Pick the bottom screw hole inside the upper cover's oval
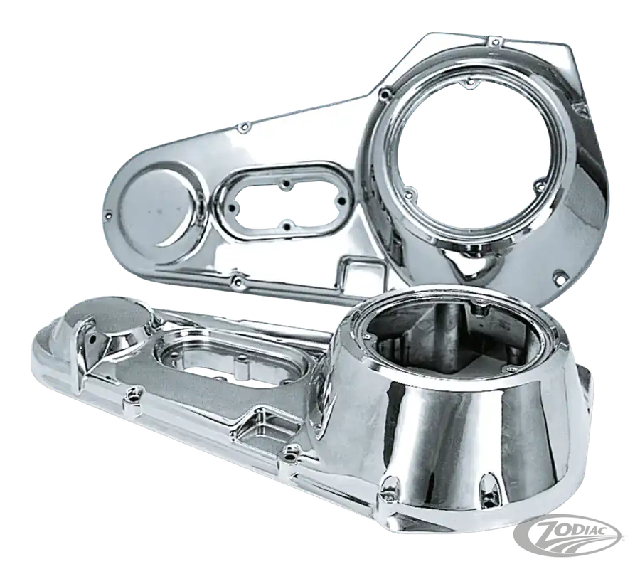pos(287,225)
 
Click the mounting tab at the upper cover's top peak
pos(495,41)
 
